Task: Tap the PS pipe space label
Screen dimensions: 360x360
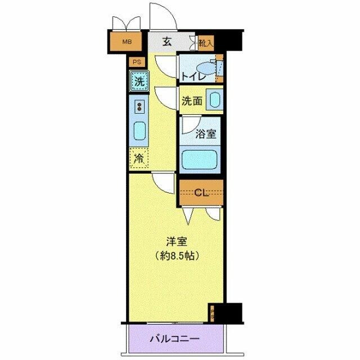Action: pos(136,62)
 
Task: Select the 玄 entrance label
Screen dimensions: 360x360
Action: pos(167,41)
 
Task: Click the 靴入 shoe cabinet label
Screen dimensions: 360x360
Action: pos(205,42)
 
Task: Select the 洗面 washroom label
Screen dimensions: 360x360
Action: pos(191,101)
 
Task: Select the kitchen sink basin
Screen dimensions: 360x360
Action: pos(139,130)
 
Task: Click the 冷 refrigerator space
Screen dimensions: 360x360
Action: pos(138,158)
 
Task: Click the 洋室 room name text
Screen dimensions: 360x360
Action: pos(175,242)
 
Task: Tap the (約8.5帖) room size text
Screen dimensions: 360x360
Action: pos(175,255)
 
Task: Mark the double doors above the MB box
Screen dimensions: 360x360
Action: pos(126,23)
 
